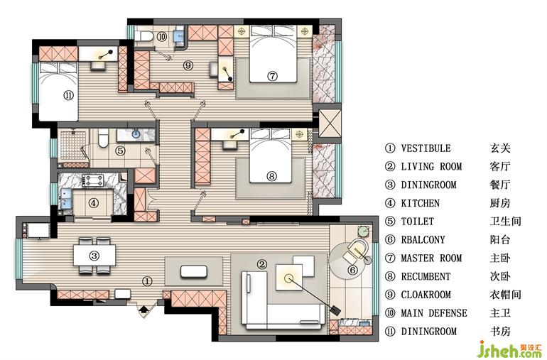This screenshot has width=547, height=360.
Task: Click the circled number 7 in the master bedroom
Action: tap(273, 76)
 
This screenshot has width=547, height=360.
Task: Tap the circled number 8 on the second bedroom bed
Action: tap(272, 176)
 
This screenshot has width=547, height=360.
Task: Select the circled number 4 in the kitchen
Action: tap(93, 202)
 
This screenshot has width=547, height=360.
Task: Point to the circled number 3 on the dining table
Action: tap(94, 256)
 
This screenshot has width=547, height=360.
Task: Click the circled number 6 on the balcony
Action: tap(352, 270)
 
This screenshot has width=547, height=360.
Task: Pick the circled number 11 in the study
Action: tap(69, 95)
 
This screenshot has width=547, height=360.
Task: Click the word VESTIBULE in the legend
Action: tap(426, 148)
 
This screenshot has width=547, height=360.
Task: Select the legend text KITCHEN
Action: tap(420, 203)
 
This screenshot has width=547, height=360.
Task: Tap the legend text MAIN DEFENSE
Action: tap(434, 313)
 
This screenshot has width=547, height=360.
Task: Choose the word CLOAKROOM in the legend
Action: tap(426, 295)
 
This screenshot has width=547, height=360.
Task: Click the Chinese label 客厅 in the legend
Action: tap(500, 166)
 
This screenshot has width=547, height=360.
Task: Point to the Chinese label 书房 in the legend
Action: tap(500, 332)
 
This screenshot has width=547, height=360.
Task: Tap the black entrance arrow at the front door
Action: tap(143, 309)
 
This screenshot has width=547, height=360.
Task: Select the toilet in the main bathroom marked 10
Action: tap(143, 36)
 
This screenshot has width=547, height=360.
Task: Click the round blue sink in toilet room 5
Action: tap(136, 133)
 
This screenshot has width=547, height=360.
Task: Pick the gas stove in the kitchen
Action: tap(94, 180)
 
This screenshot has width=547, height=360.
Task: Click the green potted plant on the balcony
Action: tap(363, 231)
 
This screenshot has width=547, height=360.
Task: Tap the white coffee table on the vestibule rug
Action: tap(194, 271)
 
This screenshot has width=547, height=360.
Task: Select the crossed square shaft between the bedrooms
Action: tap(330, 124)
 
